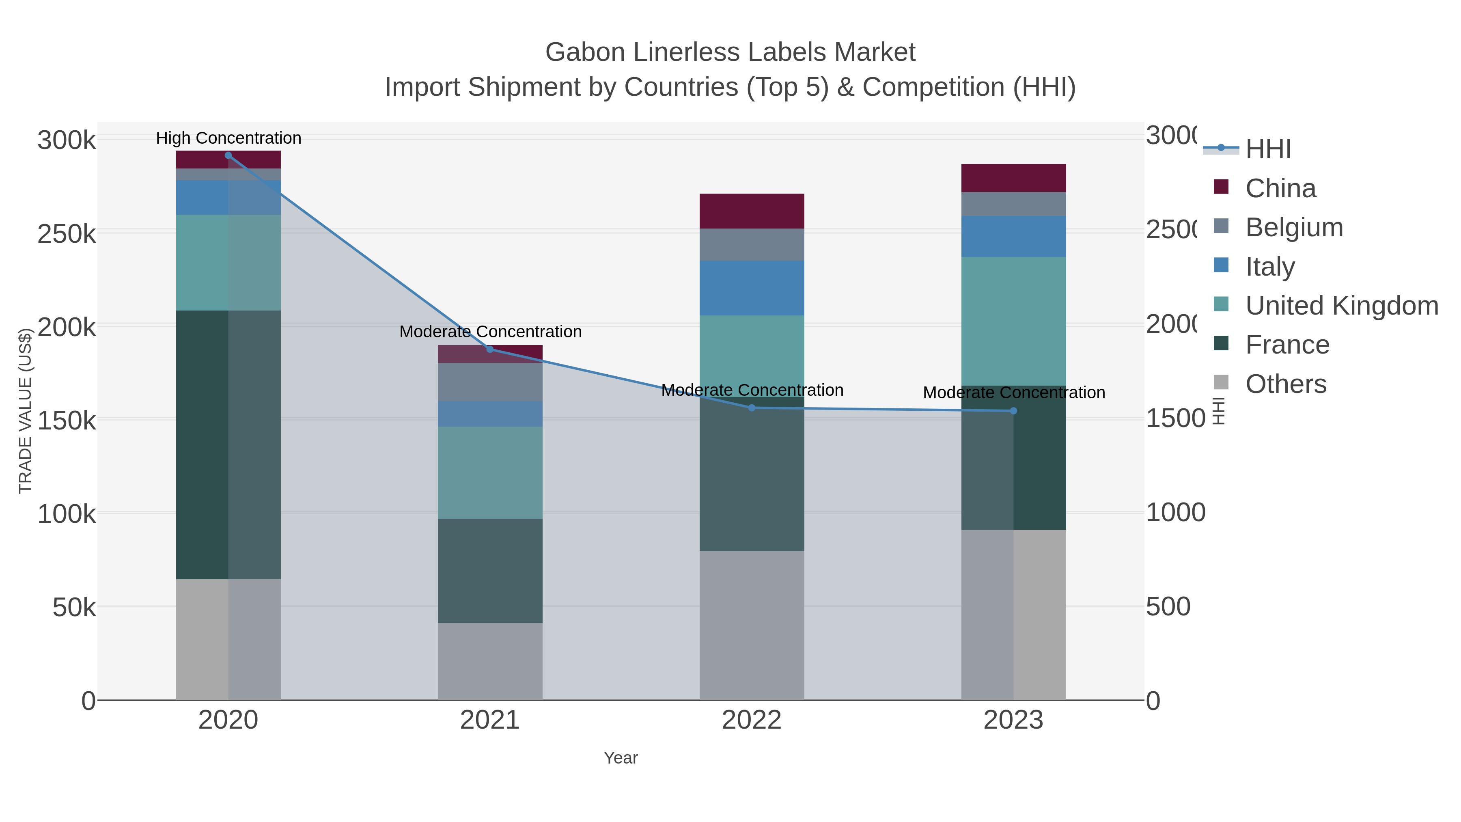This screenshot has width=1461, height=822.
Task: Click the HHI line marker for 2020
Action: click(x=228, y=155)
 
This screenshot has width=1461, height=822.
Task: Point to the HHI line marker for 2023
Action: click(x=1013, y=411)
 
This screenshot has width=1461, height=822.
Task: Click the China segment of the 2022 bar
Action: click(x=752, y=211)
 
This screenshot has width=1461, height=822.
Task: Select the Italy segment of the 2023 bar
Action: click(x=1013, y=237)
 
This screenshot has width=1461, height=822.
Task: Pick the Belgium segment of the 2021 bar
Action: click(x=490, y=382)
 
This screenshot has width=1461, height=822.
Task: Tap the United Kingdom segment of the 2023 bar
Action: click(x=1013, y=321)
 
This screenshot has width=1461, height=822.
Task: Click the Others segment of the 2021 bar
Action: click(x=490, y=662)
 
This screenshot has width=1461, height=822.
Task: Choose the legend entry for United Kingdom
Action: click(x=1341, y=306)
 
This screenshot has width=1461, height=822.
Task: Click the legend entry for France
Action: click(x=1287, y=345)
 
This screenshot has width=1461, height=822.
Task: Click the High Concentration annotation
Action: click(x=228, y=138)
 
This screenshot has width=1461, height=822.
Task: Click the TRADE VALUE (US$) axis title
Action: click(x=26, y=411)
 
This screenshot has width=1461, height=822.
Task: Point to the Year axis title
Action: click(x=621, y=758)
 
